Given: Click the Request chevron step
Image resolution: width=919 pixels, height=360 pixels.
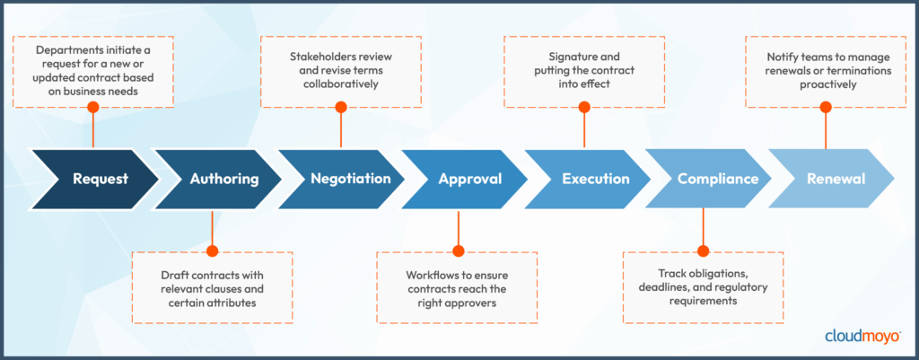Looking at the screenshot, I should coord(100,179).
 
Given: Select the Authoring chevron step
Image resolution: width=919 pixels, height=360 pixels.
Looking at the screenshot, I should coord(223,179).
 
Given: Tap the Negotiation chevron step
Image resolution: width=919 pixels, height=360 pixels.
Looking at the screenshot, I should coord(350,179).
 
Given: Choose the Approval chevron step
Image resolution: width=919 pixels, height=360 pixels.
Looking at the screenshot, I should coord(469,179).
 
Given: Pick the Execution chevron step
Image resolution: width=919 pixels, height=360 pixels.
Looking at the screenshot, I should coord(595,179).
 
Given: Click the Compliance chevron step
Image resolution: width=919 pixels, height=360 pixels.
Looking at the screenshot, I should coord(717,179).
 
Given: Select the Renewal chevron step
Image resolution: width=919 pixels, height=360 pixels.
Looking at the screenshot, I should coord(835,179).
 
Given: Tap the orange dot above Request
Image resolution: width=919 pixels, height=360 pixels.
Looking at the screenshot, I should coord(92,107).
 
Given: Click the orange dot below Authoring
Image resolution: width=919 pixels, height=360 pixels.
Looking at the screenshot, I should coord(212,250).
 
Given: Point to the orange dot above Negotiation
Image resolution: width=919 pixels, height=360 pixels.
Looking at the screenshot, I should coord(340,107).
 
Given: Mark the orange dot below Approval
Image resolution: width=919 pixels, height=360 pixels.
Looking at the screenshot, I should coord(458,250).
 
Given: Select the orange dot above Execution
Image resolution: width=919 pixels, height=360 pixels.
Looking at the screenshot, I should coord(584,107).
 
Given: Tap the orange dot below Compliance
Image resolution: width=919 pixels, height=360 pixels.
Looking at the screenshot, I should coord(703,250).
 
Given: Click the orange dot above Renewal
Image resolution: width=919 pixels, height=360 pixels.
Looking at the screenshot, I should coord(826,107).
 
